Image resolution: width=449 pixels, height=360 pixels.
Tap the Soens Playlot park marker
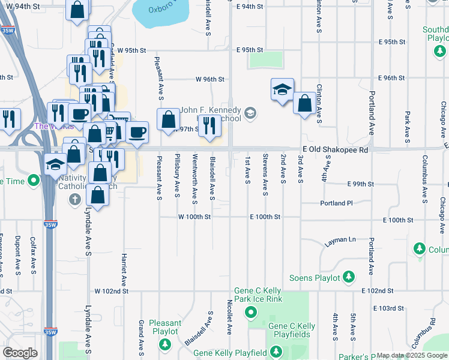click(x=348, y=277)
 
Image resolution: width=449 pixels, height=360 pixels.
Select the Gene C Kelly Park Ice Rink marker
click(x=251, y=312)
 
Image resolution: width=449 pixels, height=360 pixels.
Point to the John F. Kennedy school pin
click(x=250, y=113)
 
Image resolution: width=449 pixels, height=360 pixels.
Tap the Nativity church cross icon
click(x=74, y=199)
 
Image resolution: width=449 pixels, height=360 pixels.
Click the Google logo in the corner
click(x=20, y=353)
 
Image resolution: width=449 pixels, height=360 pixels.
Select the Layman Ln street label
click(x=340, y=241)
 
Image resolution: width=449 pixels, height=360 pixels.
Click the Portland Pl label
click(x=333, y=203)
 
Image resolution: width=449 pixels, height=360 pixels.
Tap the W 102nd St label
click(x=112, y=291)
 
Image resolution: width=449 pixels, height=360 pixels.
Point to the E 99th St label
click(x=360, y=184)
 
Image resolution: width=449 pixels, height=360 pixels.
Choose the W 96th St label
click(x=209, y=79)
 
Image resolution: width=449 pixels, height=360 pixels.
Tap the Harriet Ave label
click(x=125, y=268)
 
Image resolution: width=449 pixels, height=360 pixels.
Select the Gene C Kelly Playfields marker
click(x=276, y=352)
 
